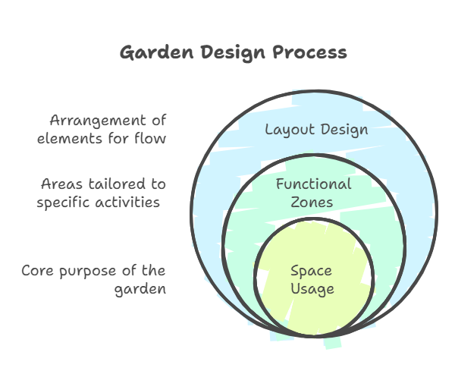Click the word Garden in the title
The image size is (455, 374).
[157, 52]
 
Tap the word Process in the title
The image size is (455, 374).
[309, 52]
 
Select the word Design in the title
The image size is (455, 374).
[233, 53]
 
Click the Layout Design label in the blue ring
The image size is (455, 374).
[316, 130]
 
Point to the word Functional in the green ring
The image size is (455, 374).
[314, 184]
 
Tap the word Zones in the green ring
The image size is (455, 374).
[312, 202]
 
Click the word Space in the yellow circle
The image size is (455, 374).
[311, 272]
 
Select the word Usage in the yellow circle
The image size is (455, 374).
[312, 290]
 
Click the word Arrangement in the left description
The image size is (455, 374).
[98, 121]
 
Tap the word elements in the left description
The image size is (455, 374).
[71, 139]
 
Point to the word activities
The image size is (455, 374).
[127, 202]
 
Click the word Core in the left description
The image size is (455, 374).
[37, 271]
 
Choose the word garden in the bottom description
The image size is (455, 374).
[140, 290]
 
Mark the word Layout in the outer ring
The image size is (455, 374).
[290, 130]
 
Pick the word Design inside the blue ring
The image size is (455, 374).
[344, 130]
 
